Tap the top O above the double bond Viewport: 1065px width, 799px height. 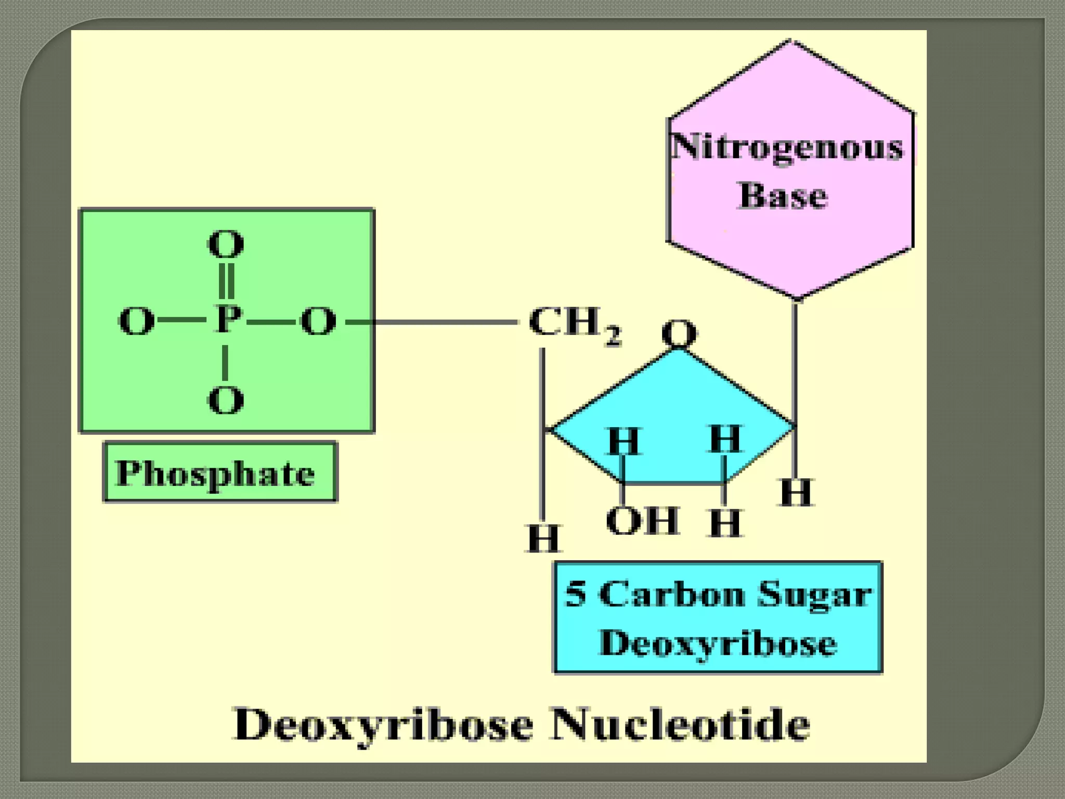tap(226, 244)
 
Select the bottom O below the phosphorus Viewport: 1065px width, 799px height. tap(225, 400)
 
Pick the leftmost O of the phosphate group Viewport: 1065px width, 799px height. tap(136, 321)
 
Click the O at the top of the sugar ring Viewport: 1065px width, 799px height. tap(679, 333)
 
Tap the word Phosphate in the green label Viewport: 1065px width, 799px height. tap(215, 473)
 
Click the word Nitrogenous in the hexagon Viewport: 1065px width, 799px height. tap(788, 147)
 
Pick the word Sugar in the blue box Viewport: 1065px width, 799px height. tap(814, 594)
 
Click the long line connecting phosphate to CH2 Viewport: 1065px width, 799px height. tap(445, 323)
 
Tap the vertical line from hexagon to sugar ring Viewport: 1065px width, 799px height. tap(795, 364)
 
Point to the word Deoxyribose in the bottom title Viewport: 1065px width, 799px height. tap(384, 724)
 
